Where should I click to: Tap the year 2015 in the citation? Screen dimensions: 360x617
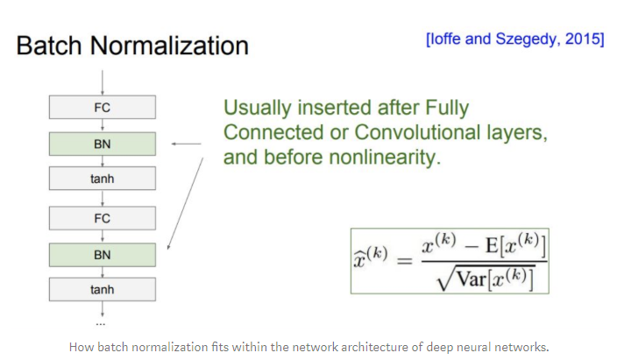[585, 39]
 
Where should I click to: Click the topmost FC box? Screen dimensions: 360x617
[103, 108]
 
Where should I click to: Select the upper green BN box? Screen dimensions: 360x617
[103, 144]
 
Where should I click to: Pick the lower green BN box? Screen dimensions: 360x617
[103, 253]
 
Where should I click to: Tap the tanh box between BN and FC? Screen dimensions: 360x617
[103, 180]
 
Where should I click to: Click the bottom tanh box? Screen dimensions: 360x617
[103, 289]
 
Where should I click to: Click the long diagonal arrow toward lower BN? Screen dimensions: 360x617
[185, 201]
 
